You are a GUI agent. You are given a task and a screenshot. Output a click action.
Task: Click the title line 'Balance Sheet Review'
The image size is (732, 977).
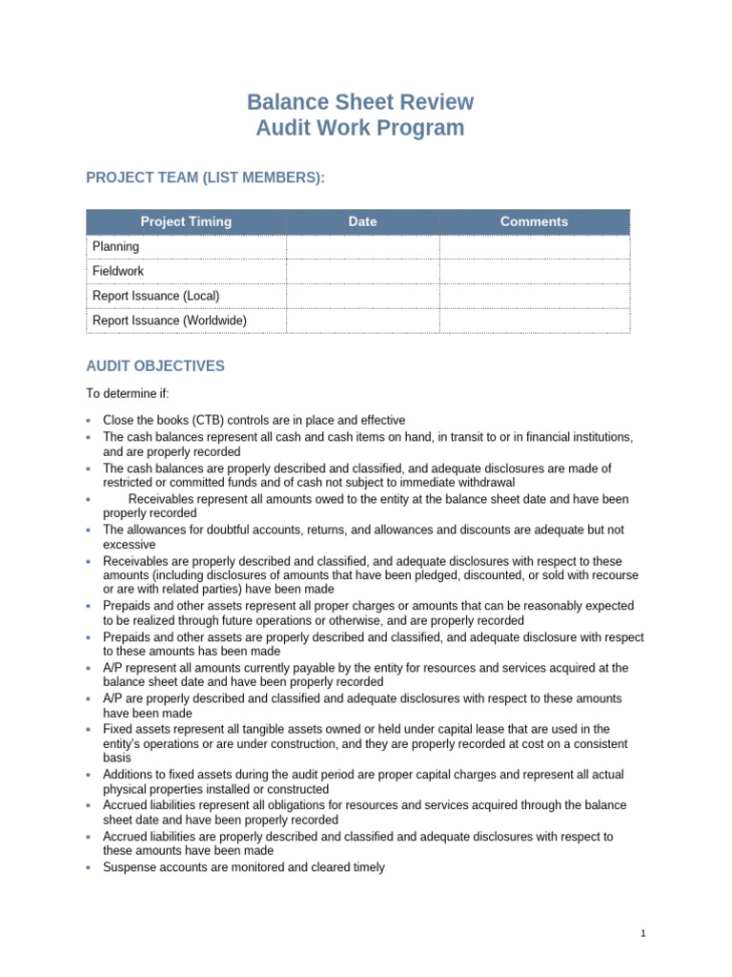click(x=360, y=102)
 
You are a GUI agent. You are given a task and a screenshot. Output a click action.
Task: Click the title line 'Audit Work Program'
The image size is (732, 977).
click(x=360, y=128)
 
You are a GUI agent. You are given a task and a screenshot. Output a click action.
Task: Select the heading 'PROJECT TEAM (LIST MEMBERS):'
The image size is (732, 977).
click(x=206, y=177)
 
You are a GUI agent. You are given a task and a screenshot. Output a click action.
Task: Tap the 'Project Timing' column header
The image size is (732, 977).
click(x=186, y=221)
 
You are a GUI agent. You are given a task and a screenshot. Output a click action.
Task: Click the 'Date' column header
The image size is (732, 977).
click(x=362, y=221)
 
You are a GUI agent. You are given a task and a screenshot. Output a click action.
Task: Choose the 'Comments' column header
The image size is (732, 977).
click(x=534, y=221)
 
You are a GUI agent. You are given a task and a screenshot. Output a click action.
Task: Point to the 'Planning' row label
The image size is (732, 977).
click(x=115, y=246)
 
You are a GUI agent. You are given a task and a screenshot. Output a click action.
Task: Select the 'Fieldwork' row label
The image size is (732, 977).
click(x=118, y=271)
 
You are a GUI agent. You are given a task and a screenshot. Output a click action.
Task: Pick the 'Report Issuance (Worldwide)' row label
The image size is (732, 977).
click(x=169, y=321)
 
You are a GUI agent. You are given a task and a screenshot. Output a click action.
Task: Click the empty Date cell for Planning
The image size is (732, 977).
click(x=362, y=246)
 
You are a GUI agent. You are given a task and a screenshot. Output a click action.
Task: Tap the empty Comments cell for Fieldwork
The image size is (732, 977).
click(x=534, y=271)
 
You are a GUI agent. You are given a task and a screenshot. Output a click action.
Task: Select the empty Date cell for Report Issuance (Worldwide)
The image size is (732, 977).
click(x=362, y=321)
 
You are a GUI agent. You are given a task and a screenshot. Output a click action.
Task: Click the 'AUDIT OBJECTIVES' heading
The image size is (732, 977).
click(x=155, y=366)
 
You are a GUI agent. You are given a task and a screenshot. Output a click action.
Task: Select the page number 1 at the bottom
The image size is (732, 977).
click(x=644, y=934)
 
